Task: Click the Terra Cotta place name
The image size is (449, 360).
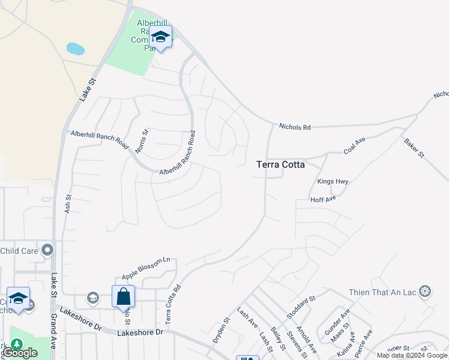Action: (280, 164)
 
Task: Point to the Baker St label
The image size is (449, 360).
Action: (414, 146)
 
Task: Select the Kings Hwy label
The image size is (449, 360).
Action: (333, 182)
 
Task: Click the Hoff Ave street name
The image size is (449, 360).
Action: (322, 199)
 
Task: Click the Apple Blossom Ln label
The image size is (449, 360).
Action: (146, 268)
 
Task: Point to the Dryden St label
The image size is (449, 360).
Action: (221, 330)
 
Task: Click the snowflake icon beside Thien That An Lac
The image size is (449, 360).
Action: (425, 292)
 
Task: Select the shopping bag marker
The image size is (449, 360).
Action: (123, 296)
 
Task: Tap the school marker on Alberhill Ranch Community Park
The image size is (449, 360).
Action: (160, 37)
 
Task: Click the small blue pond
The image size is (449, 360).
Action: (75, 48)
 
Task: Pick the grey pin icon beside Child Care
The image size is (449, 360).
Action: (47, 250)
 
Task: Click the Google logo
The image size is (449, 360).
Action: (20, 353)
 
